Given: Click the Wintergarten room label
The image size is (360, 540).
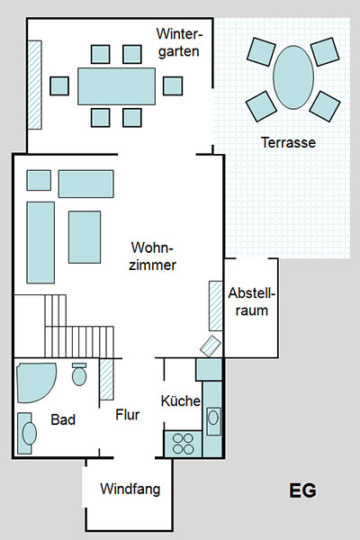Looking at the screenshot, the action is click(179, 42).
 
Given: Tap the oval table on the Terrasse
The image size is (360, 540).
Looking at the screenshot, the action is click(293, 77).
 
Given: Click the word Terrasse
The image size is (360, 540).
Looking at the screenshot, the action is click(288, 142).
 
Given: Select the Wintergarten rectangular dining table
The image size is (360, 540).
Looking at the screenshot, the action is click(116, 86).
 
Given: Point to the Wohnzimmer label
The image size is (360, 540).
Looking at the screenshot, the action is click(152, 256).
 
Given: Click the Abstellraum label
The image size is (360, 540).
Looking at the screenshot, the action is click(252, 301).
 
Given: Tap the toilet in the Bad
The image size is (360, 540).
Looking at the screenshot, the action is click(79, 374).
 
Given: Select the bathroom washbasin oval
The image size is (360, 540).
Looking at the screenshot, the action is click(30, 433).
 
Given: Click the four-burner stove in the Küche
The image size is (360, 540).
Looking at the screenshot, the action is click(183, 444).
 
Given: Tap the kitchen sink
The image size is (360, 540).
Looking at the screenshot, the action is click(213, 421).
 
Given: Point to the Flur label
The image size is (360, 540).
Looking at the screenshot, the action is click(128, 415).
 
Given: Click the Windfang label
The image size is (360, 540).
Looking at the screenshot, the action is click(130, 489).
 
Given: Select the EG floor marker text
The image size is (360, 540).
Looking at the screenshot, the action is click(302, 490).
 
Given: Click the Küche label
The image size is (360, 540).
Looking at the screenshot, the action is click(181, 400).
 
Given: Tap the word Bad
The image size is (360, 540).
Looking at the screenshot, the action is click(63, 419).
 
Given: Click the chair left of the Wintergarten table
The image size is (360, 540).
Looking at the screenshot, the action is click(59, 86).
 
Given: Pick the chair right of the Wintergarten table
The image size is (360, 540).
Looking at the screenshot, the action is click(173, 86).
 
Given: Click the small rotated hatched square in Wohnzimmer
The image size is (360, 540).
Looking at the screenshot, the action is click(211, 346).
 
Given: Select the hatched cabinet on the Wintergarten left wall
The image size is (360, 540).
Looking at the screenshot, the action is click(34, 85).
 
